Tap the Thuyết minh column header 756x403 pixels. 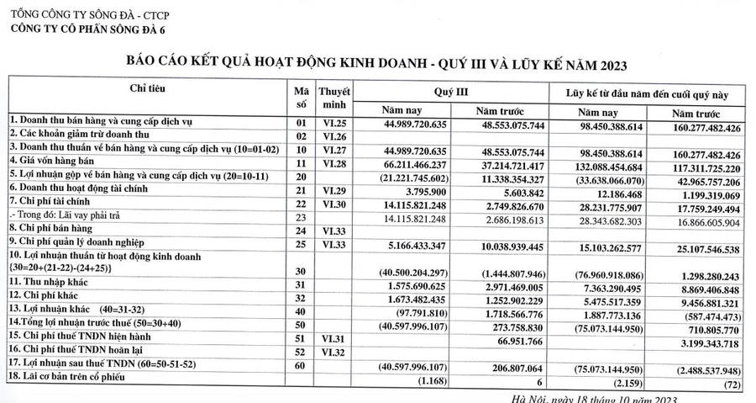point(335,96)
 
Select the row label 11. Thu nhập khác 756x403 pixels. point(53,284)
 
